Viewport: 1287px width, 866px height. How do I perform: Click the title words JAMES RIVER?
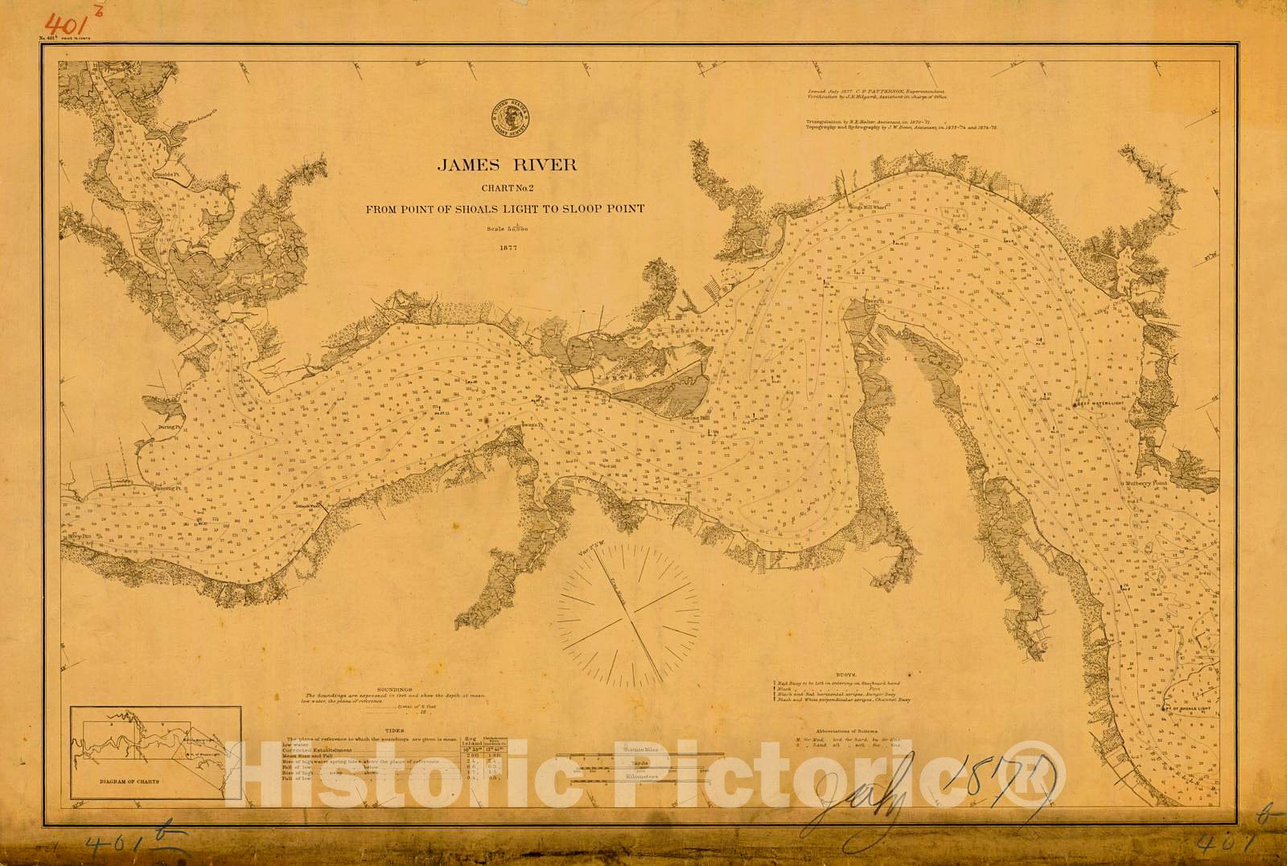tap(507, 166)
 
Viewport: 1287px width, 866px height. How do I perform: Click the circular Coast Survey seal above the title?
tap(510, 117)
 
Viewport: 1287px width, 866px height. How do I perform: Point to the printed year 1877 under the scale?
tap(507, 248)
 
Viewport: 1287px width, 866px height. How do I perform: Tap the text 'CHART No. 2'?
tap(507, 189)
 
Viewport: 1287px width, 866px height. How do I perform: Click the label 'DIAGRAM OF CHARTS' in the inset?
tap(130, 781)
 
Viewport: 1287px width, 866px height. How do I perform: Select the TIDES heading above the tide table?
tap(395, 731)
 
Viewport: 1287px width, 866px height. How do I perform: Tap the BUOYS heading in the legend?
tap(845, 675)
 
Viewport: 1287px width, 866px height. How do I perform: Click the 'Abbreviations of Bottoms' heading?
tap(844, 731)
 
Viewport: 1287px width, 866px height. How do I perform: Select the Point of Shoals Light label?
tap(1189, 708)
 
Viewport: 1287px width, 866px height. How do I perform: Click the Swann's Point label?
tap(529, 425)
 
